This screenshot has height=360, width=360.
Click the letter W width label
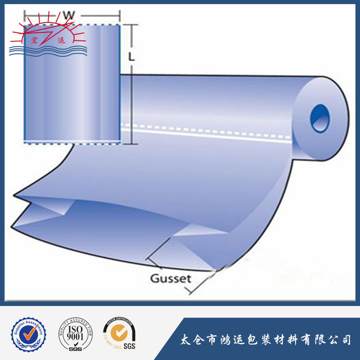coord(68,15)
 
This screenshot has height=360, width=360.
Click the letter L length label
coord(131,57)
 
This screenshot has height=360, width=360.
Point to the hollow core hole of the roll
coord(320,118)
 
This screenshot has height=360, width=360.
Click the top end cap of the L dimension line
coord(131,25)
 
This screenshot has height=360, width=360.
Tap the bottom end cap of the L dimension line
coord(130,144)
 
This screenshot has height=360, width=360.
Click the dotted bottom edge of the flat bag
coord(72,143)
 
